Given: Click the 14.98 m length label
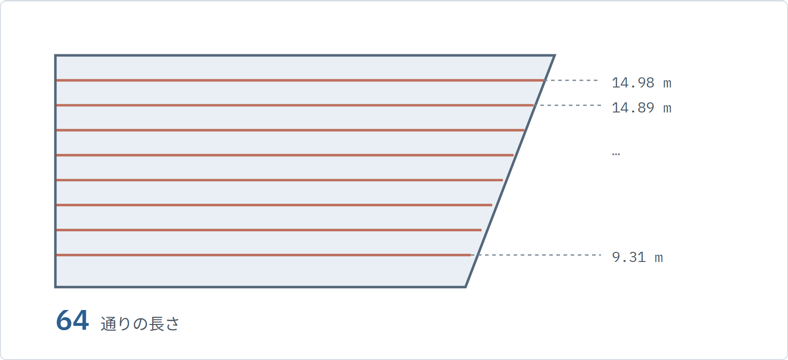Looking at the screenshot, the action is click(x=641, y=83).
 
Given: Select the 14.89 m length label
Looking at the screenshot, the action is click(x=641, y=108).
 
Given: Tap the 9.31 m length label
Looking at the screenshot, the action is click(x=637, y=257).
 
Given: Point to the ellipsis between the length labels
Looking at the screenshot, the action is click(x=616, y=154).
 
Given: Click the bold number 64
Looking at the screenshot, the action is click(x=73, y=321).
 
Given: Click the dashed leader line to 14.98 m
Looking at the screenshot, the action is click(x=571, y=81).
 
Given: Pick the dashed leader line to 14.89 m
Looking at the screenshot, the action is click(x=567, y=105).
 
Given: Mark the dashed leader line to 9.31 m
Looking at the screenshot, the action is click(x=536, y=255).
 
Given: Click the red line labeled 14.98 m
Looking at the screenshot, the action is click(x=300, y=81).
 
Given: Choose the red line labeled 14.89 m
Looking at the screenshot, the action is click(x=295, y=105).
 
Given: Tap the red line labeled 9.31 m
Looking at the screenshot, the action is click(x=263, y=255).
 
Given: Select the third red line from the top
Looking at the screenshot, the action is click(x=290, y=130).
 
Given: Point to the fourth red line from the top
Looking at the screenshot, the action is click(x=285, y=155).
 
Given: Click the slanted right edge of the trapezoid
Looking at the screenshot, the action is click(x=510, y=171).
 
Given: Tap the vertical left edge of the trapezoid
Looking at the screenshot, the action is click(x=55, y=171).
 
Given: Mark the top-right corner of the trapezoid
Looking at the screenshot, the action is click(x=555, y=55).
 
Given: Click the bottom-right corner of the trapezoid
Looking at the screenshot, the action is click(x=465, y=287).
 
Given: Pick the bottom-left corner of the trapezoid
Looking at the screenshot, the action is click(x=55, y=287).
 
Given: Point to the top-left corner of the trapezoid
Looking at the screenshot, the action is click(x=55, y=55).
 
